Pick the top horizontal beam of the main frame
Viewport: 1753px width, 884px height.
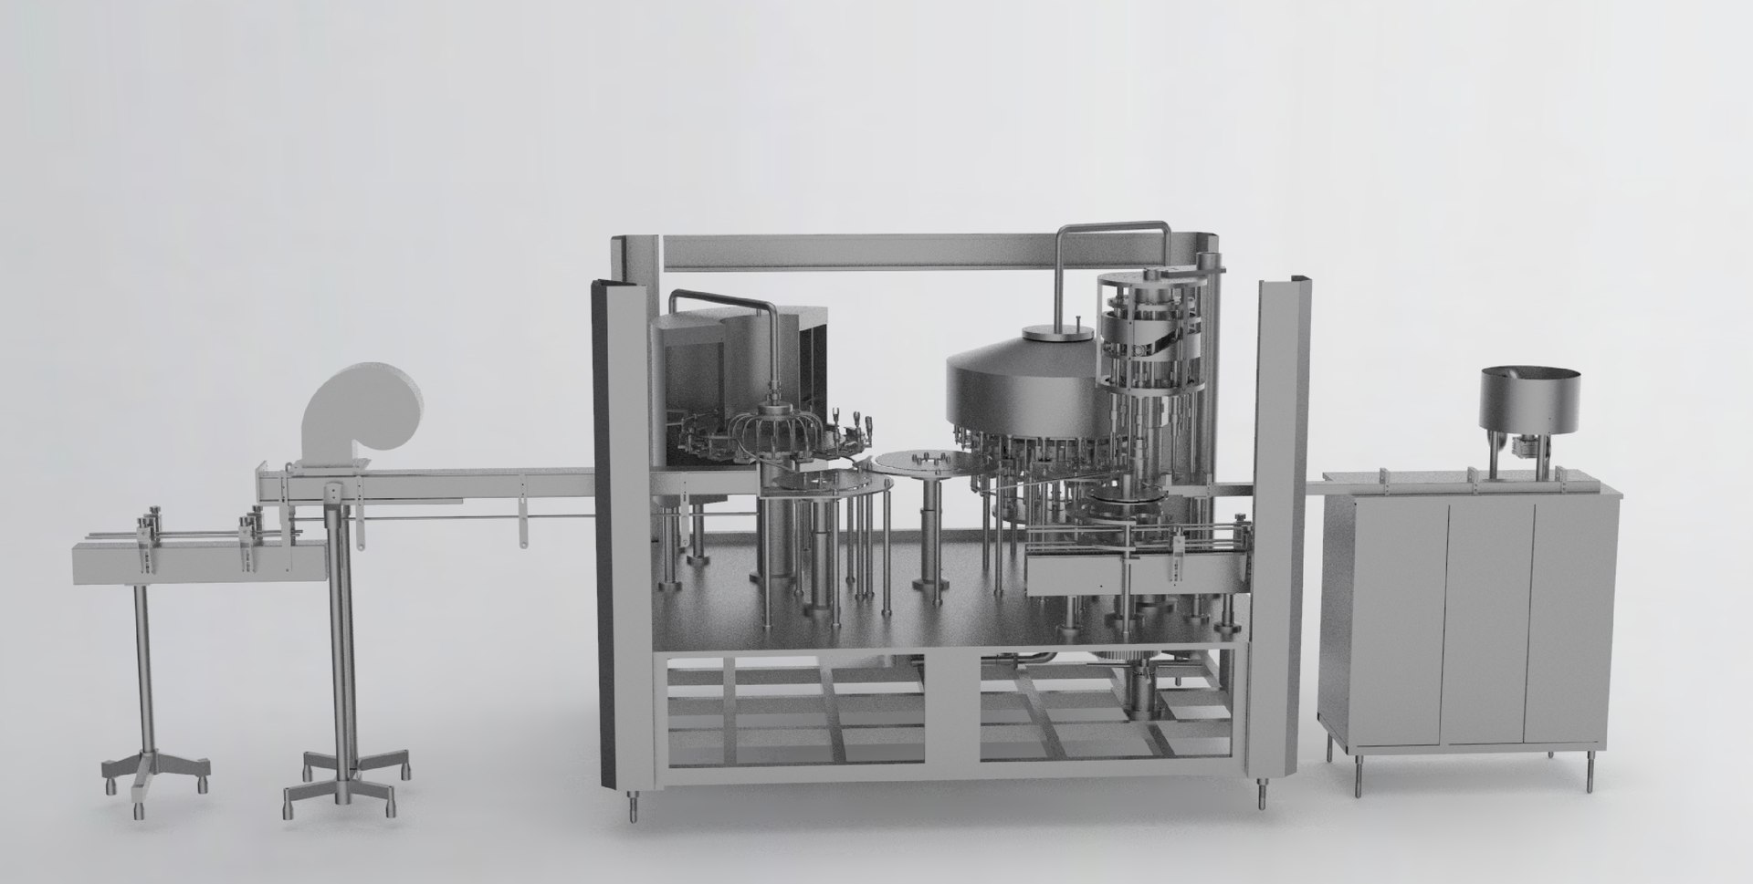click(931, 251)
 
